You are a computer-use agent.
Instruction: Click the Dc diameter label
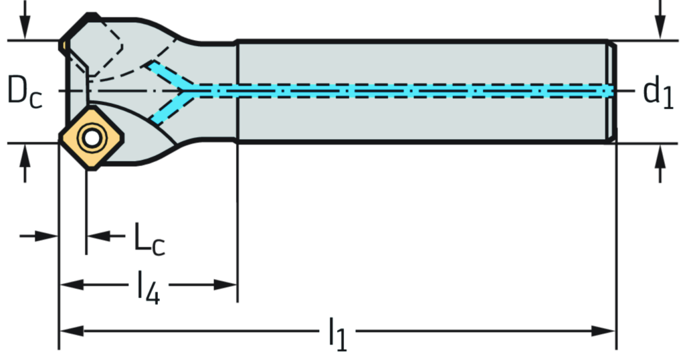pos(25,92)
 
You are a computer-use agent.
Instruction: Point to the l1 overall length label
pos(338,331)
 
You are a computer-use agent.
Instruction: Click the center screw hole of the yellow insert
pos(89,138)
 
